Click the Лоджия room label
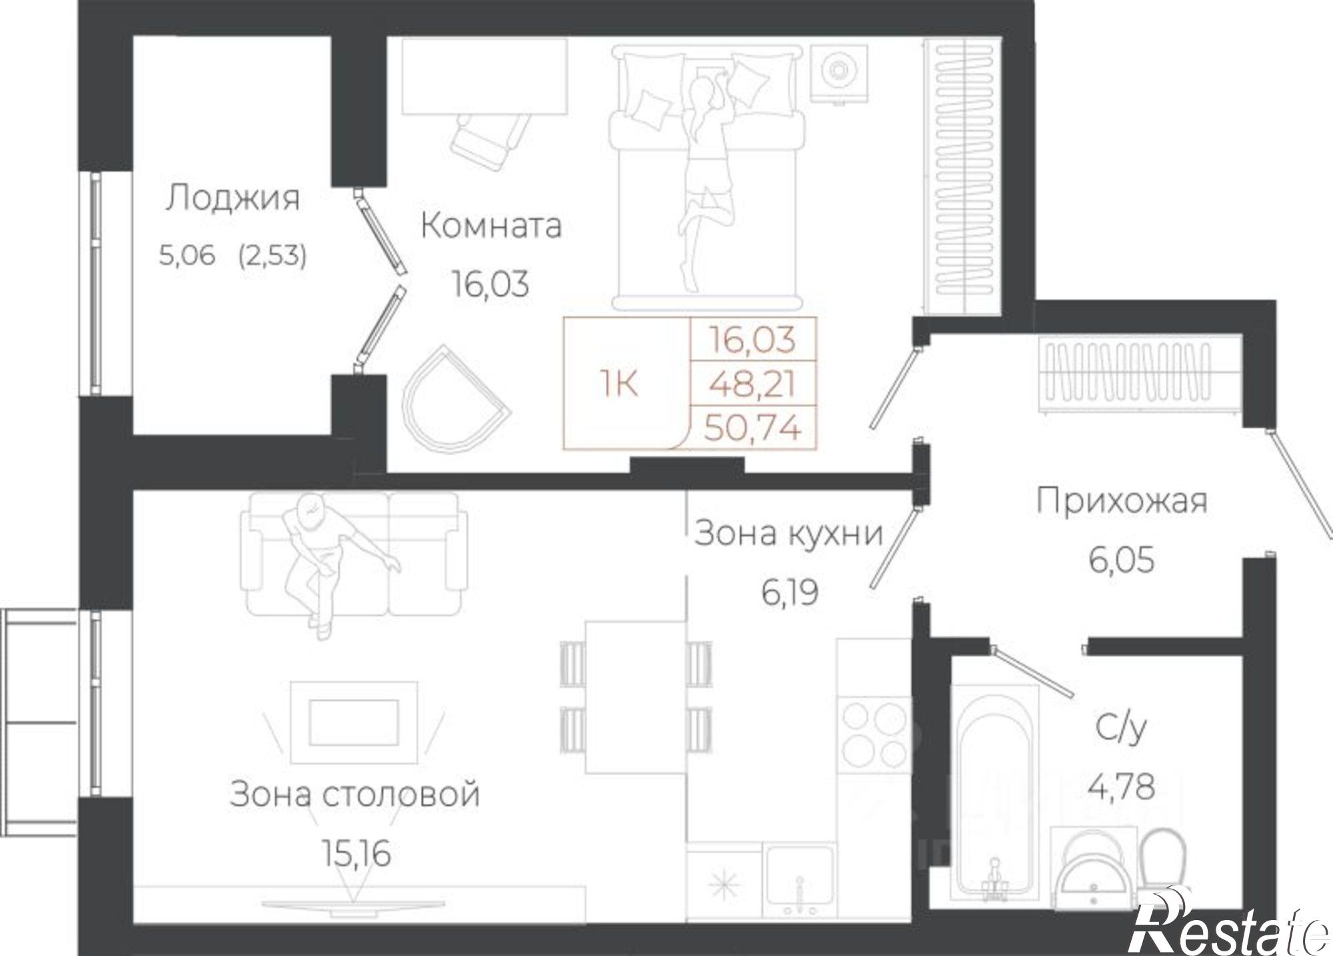(x=233, y=199)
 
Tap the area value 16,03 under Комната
(x=491, y=284)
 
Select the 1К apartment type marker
(x=619, y=384)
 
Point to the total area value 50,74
(x=752, y=428)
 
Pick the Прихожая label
(x=1121, y=502)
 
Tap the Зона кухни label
(x=788, y=534)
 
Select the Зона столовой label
(x=355, y=794)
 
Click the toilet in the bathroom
(x=1163, y=866)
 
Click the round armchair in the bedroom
(x=453, y=400)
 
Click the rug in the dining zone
(x=354, y=722)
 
